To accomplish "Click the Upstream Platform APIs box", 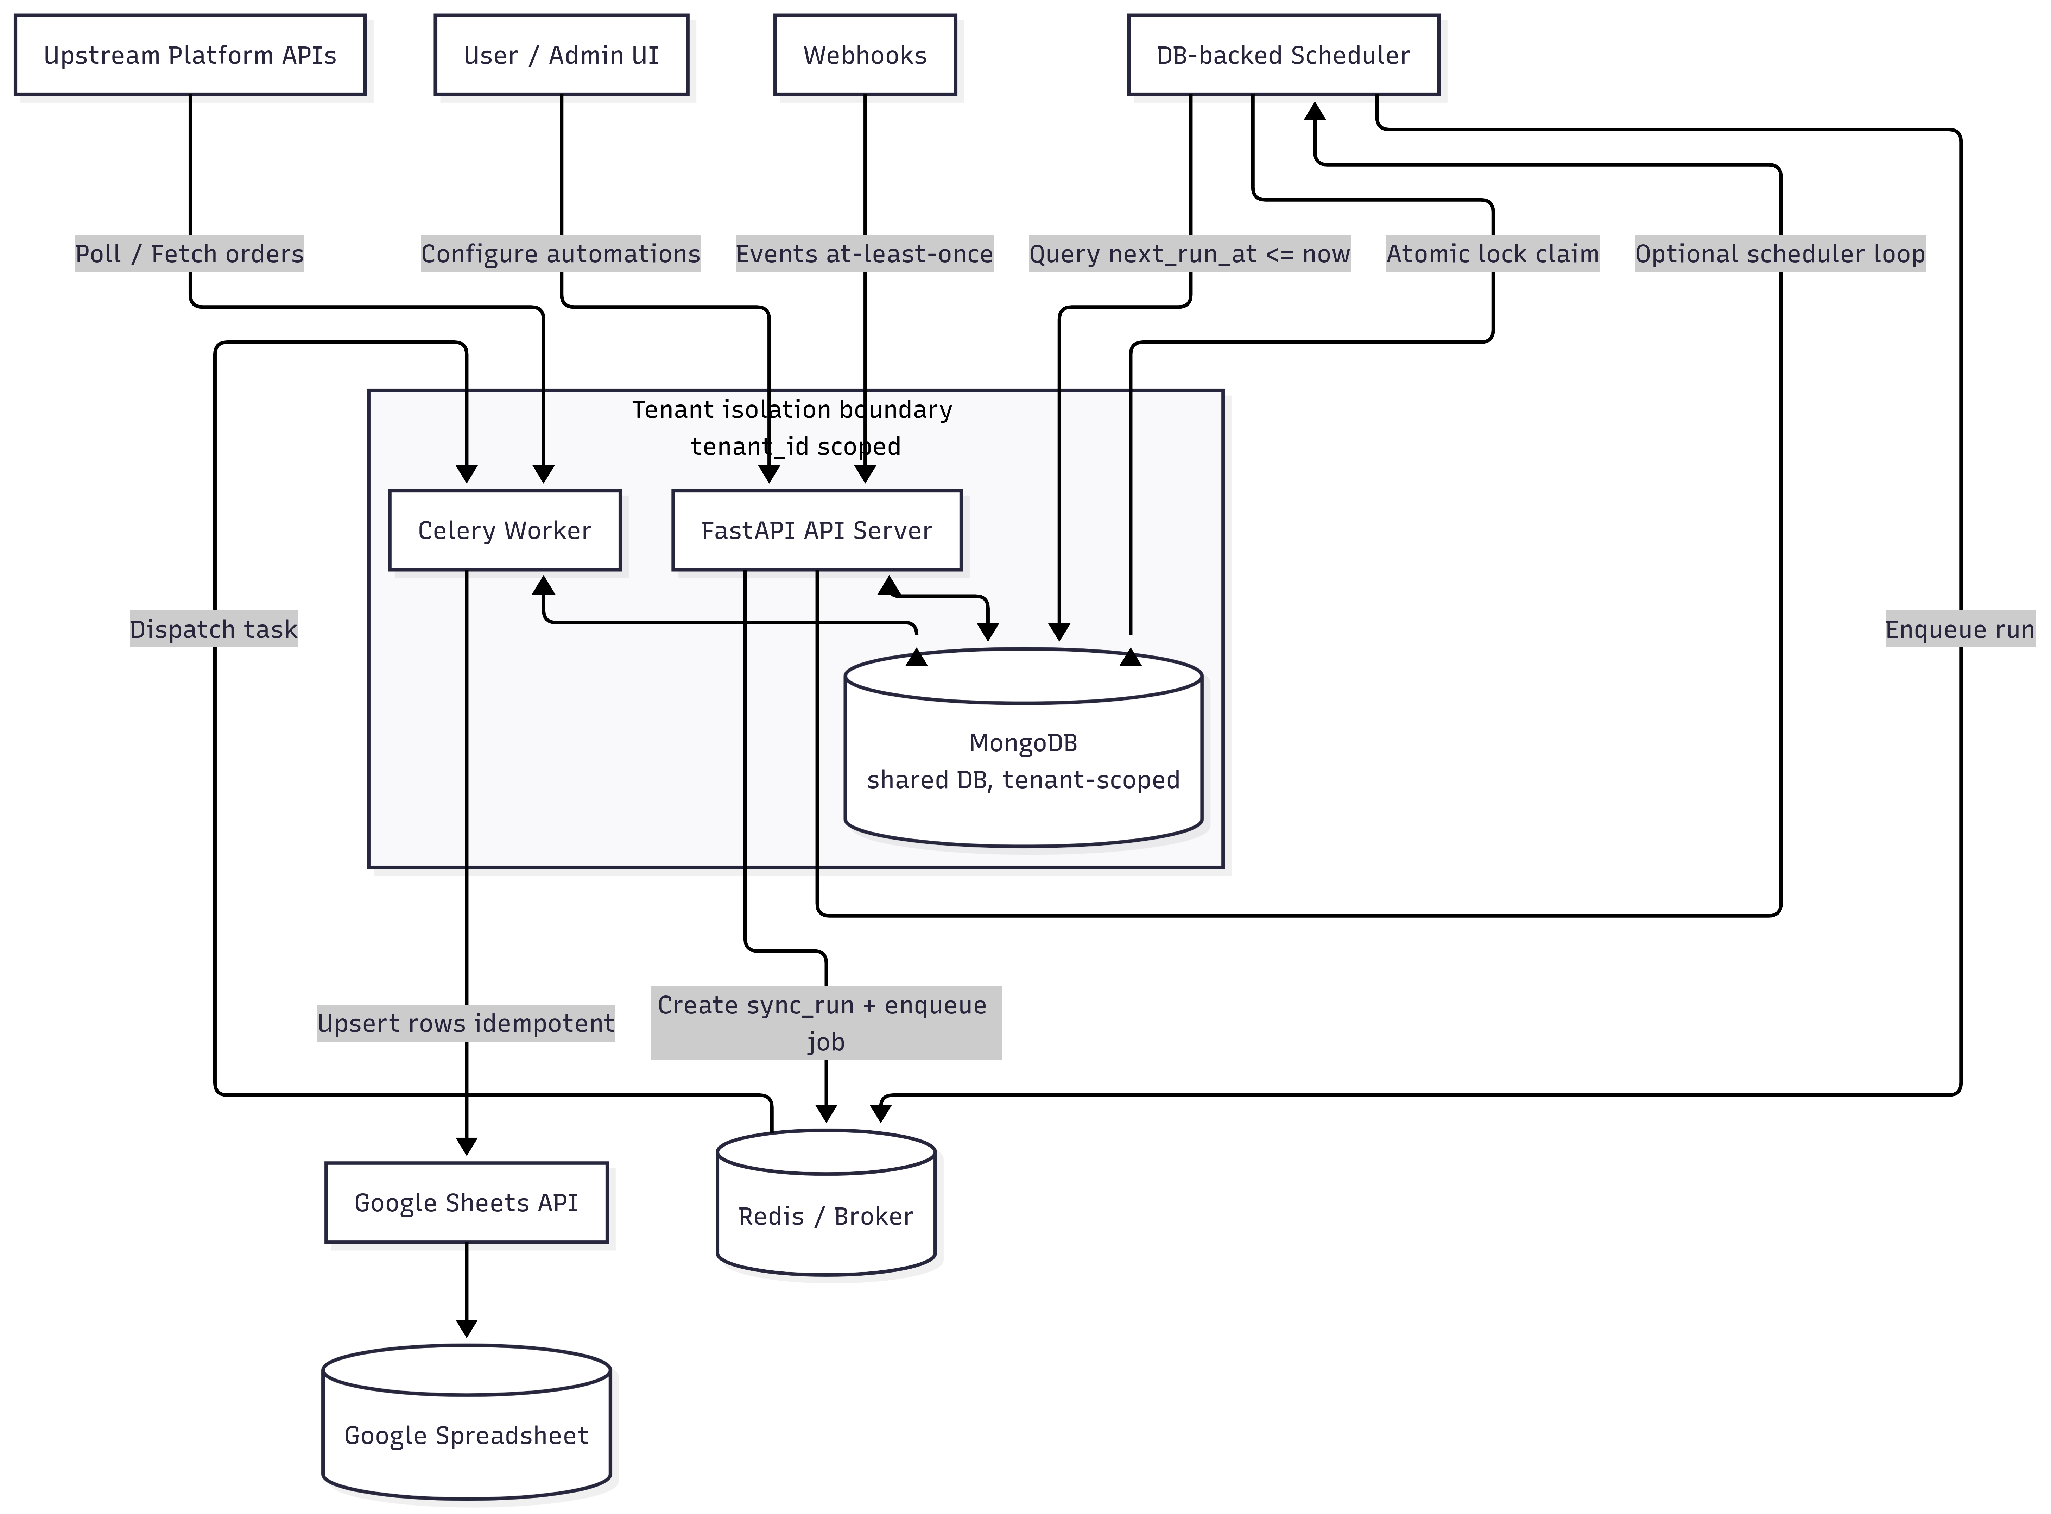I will coord(190,55).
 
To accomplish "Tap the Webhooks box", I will coord(865,55).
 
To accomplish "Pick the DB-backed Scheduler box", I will coord(1283,55).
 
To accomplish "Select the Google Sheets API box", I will coord(466,1202).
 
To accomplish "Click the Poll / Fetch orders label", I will coord(190,254).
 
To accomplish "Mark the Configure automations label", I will coord(561,254).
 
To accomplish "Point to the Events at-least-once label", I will coord(865,254).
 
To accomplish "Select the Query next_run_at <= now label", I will coord(1189,254).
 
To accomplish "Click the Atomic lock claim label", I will coord(1492,254).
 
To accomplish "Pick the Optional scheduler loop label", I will coord(1780,254).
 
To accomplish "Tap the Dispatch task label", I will coord(214,630).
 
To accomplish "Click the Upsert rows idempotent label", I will coord(466,1023).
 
